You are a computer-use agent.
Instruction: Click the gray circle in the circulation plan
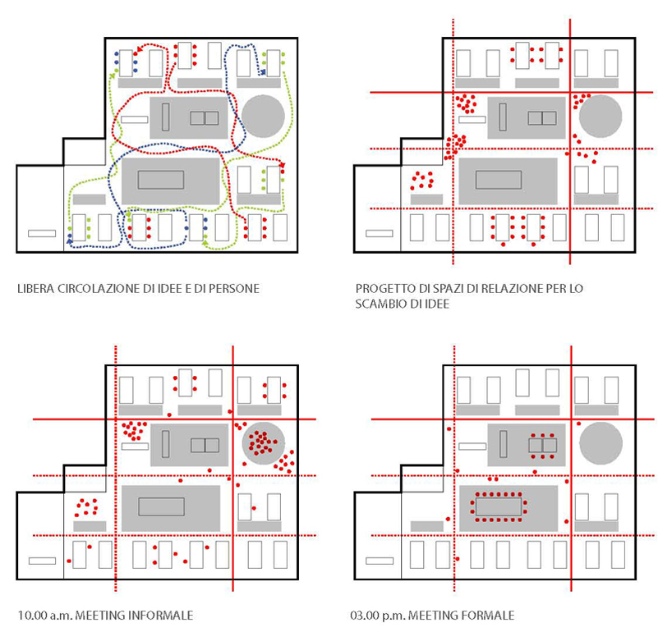263,117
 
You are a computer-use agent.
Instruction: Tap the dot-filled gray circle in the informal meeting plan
263,443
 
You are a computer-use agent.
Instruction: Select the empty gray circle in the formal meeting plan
601,443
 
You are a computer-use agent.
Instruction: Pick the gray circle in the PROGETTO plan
600,117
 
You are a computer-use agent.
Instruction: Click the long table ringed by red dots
499,507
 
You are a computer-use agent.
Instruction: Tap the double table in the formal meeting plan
542,446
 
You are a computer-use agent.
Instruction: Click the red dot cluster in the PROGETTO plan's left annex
421,180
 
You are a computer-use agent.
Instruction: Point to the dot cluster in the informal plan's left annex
86,507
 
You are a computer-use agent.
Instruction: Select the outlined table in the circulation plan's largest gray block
161,180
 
